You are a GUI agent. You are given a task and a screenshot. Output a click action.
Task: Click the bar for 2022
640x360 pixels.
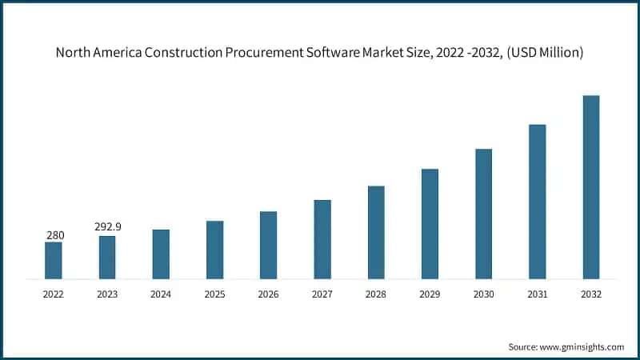pos(54,260)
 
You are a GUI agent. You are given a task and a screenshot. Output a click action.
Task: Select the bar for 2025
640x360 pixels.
pos(214,250)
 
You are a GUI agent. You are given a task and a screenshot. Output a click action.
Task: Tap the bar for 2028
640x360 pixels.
pos(376,232)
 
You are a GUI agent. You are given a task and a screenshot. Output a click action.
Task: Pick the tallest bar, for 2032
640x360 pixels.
pos(591,187)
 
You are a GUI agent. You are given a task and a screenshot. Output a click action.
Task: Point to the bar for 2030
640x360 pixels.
pos(483,214)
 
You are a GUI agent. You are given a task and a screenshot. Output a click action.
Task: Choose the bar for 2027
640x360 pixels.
pos(322,239)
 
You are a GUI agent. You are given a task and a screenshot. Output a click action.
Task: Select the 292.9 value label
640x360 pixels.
pos(107,227)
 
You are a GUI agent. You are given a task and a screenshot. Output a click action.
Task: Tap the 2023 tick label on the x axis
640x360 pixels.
pos(107,294)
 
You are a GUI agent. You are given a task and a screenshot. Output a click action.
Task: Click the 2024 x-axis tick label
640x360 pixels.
pos(161,294)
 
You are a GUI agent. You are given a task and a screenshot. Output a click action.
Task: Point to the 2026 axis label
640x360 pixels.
pos(269,294)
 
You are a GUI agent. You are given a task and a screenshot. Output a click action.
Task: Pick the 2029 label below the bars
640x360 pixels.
pos(430,294)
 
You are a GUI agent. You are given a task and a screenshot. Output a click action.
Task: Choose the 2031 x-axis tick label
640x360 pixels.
pos(537,294)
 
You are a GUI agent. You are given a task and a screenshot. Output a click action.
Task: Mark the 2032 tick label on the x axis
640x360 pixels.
pos(591,294)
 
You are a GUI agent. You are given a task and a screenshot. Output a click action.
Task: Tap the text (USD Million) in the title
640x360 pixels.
pos(543,54)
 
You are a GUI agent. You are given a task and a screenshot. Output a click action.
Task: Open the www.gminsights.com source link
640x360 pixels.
pos(581,346)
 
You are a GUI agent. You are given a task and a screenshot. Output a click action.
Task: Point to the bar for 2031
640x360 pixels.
pos(537,202)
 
